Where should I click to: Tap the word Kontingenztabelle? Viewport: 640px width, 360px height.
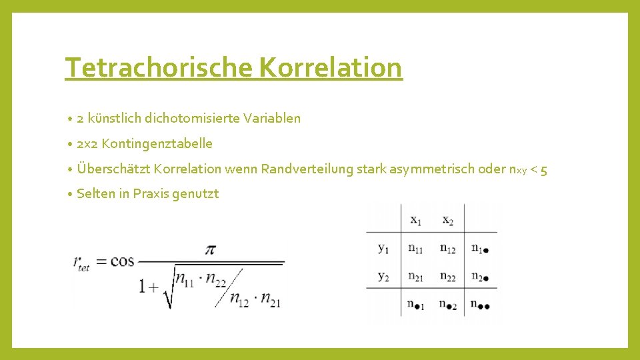(x=157, y=143)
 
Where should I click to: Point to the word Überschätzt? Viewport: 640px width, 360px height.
(x=113, y=169)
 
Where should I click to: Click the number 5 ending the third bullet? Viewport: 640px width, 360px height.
(x=544, y=169)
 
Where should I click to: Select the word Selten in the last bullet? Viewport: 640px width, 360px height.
(x=96, y=194)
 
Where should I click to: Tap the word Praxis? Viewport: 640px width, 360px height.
(x=152, y=194)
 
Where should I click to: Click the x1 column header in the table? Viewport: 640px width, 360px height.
(x=415, y=219)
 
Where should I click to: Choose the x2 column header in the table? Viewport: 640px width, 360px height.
(x=447, y=219)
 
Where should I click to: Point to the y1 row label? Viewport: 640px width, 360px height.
(x=383, y=248)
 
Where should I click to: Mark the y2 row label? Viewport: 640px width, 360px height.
(x=383, y=276)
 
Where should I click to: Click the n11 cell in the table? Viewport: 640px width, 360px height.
(x=415, y=249)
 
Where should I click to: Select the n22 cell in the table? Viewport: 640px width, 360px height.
(x=448, y=277)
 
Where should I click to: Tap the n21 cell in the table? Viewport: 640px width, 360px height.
(x=415, y=277)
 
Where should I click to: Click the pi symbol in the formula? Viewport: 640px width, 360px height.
(x=211, y=249)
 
